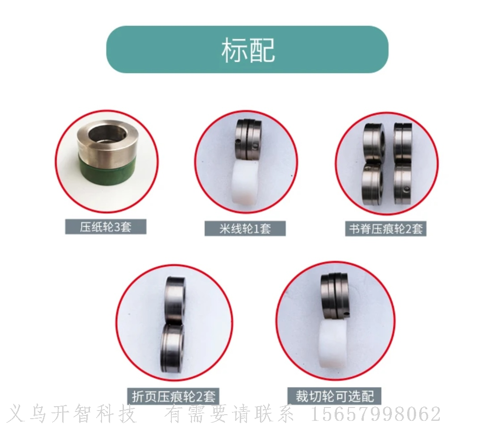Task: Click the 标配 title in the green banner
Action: tap(248, 50)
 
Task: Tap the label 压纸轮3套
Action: tap(106, 227)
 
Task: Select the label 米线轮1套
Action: tap(245, 229)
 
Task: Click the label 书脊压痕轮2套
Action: tap(386, 229)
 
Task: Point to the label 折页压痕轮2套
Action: tap(174, 397)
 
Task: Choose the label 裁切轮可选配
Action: tap(335, 396)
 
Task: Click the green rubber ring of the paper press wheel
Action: tap(106, 170)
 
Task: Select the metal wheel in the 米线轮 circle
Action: tap(248, 139)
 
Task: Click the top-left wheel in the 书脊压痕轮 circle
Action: tap(374, 143)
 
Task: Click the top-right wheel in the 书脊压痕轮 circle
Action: tap(403, 143)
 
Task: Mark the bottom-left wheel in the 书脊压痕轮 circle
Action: tap(373, 184)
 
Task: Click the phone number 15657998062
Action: tap(376, 414)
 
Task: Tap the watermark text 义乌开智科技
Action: tap(72, 414)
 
